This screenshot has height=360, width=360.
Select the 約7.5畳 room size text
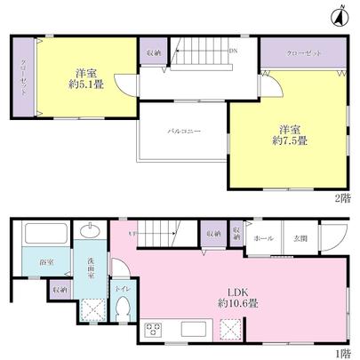pyautogui.click(x=290, y=140)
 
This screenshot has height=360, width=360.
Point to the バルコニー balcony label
pyautogui.click(x=183, y=131)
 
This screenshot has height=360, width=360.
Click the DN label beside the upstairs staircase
pyautogui.click(x=233, y=52)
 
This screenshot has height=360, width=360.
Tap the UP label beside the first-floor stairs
pyautogui.click(x=134, y=234)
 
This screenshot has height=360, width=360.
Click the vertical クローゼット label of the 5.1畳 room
pyautogui.click(x=23, y=77)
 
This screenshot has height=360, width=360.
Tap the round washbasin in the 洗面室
pyautogui.click(x=91, y=233)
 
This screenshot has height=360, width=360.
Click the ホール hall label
pyautogui.click(x=263, y=239)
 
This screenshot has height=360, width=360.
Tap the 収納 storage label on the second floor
pyautogui.click(x=153, y=53)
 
